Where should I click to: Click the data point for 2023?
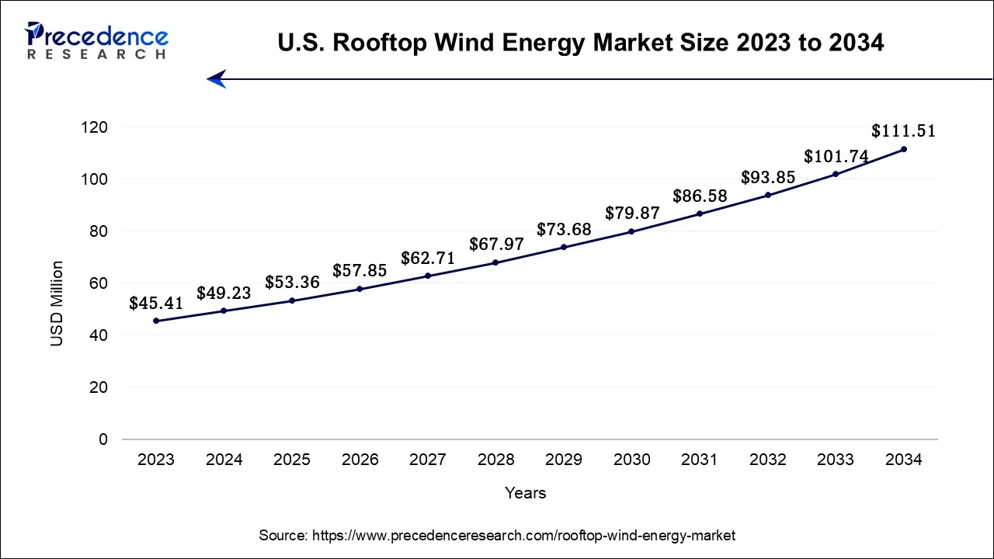tap(156, 321)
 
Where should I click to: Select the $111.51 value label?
tap(903, 131)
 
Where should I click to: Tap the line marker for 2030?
tap(631, 231)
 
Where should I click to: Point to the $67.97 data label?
tap(496, 245)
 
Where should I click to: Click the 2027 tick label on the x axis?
tap(428, 460)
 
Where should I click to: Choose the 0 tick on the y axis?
tap(103, 439)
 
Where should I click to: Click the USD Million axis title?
tap(57, 304)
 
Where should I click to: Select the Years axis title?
tap(525, 493)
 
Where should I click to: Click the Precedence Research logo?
tap(96, 41)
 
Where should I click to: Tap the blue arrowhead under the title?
tap(217, 78)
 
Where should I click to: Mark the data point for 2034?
tap(903, 149)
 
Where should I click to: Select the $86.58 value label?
tap(700, 196)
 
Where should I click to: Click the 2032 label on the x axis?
tap(767, 460)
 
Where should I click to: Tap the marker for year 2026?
tap(360, 289)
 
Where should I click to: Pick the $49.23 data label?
tap(224, 293)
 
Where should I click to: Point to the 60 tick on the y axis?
tap(99, 283)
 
